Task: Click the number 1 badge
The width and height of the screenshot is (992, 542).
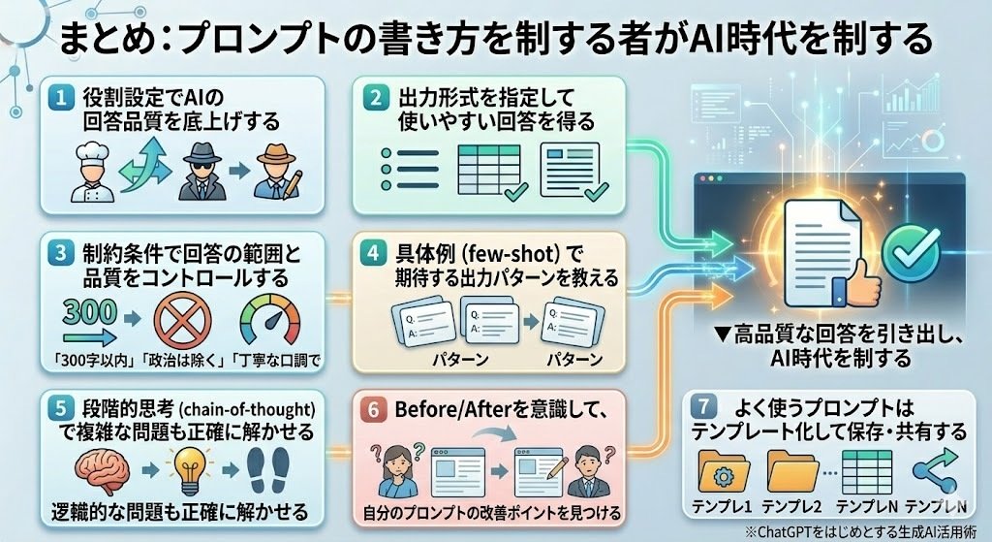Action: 61,98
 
